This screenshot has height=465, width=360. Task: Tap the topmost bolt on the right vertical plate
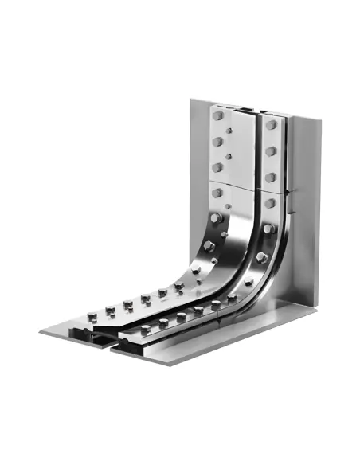tap(272, 125)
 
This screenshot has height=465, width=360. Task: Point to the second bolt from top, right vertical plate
tap(272, 150)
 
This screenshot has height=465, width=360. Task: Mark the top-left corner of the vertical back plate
tap(191, 100)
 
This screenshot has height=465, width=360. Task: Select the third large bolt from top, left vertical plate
tap(217, 166)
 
